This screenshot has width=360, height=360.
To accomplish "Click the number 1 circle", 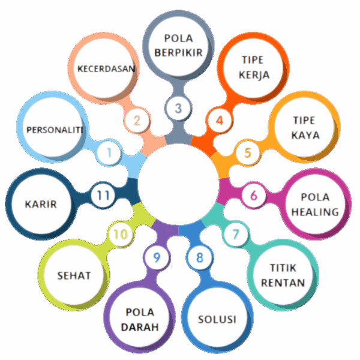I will click(x=109, y=152).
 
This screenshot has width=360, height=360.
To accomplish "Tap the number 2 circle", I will click(x=137, y=120).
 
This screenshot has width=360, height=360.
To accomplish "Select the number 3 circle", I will click(x=178, y=109).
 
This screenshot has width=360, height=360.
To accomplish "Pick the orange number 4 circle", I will click(x=220, y=120).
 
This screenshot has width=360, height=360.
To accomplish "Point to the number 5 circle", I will click(x=247, y=152).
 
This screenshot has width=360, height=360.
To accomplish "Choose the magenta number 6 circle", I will click(x=254, y=195).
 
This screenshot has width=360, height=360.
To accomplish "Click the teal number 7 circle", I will click(x=236, y=233).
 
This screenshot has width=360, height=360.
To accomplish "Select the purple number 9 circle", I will click(x=157, y=257).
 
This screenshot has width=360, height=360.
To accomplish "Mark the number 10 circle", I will click(x=121, y=233).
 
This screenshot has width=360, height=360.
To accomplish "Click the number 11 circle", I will click(x=103, y=195).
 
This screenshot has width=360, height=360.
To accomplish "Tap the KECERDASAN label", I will click(x=106, y=68).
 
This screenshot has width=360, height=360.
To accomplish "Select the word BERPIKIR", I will click(x=178, y=52).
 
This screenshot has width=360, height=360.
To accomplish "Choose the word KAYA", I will click(x=305, y=135).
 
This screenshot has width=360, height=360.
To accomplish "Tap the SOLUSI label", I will click(x=217, y=319).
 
